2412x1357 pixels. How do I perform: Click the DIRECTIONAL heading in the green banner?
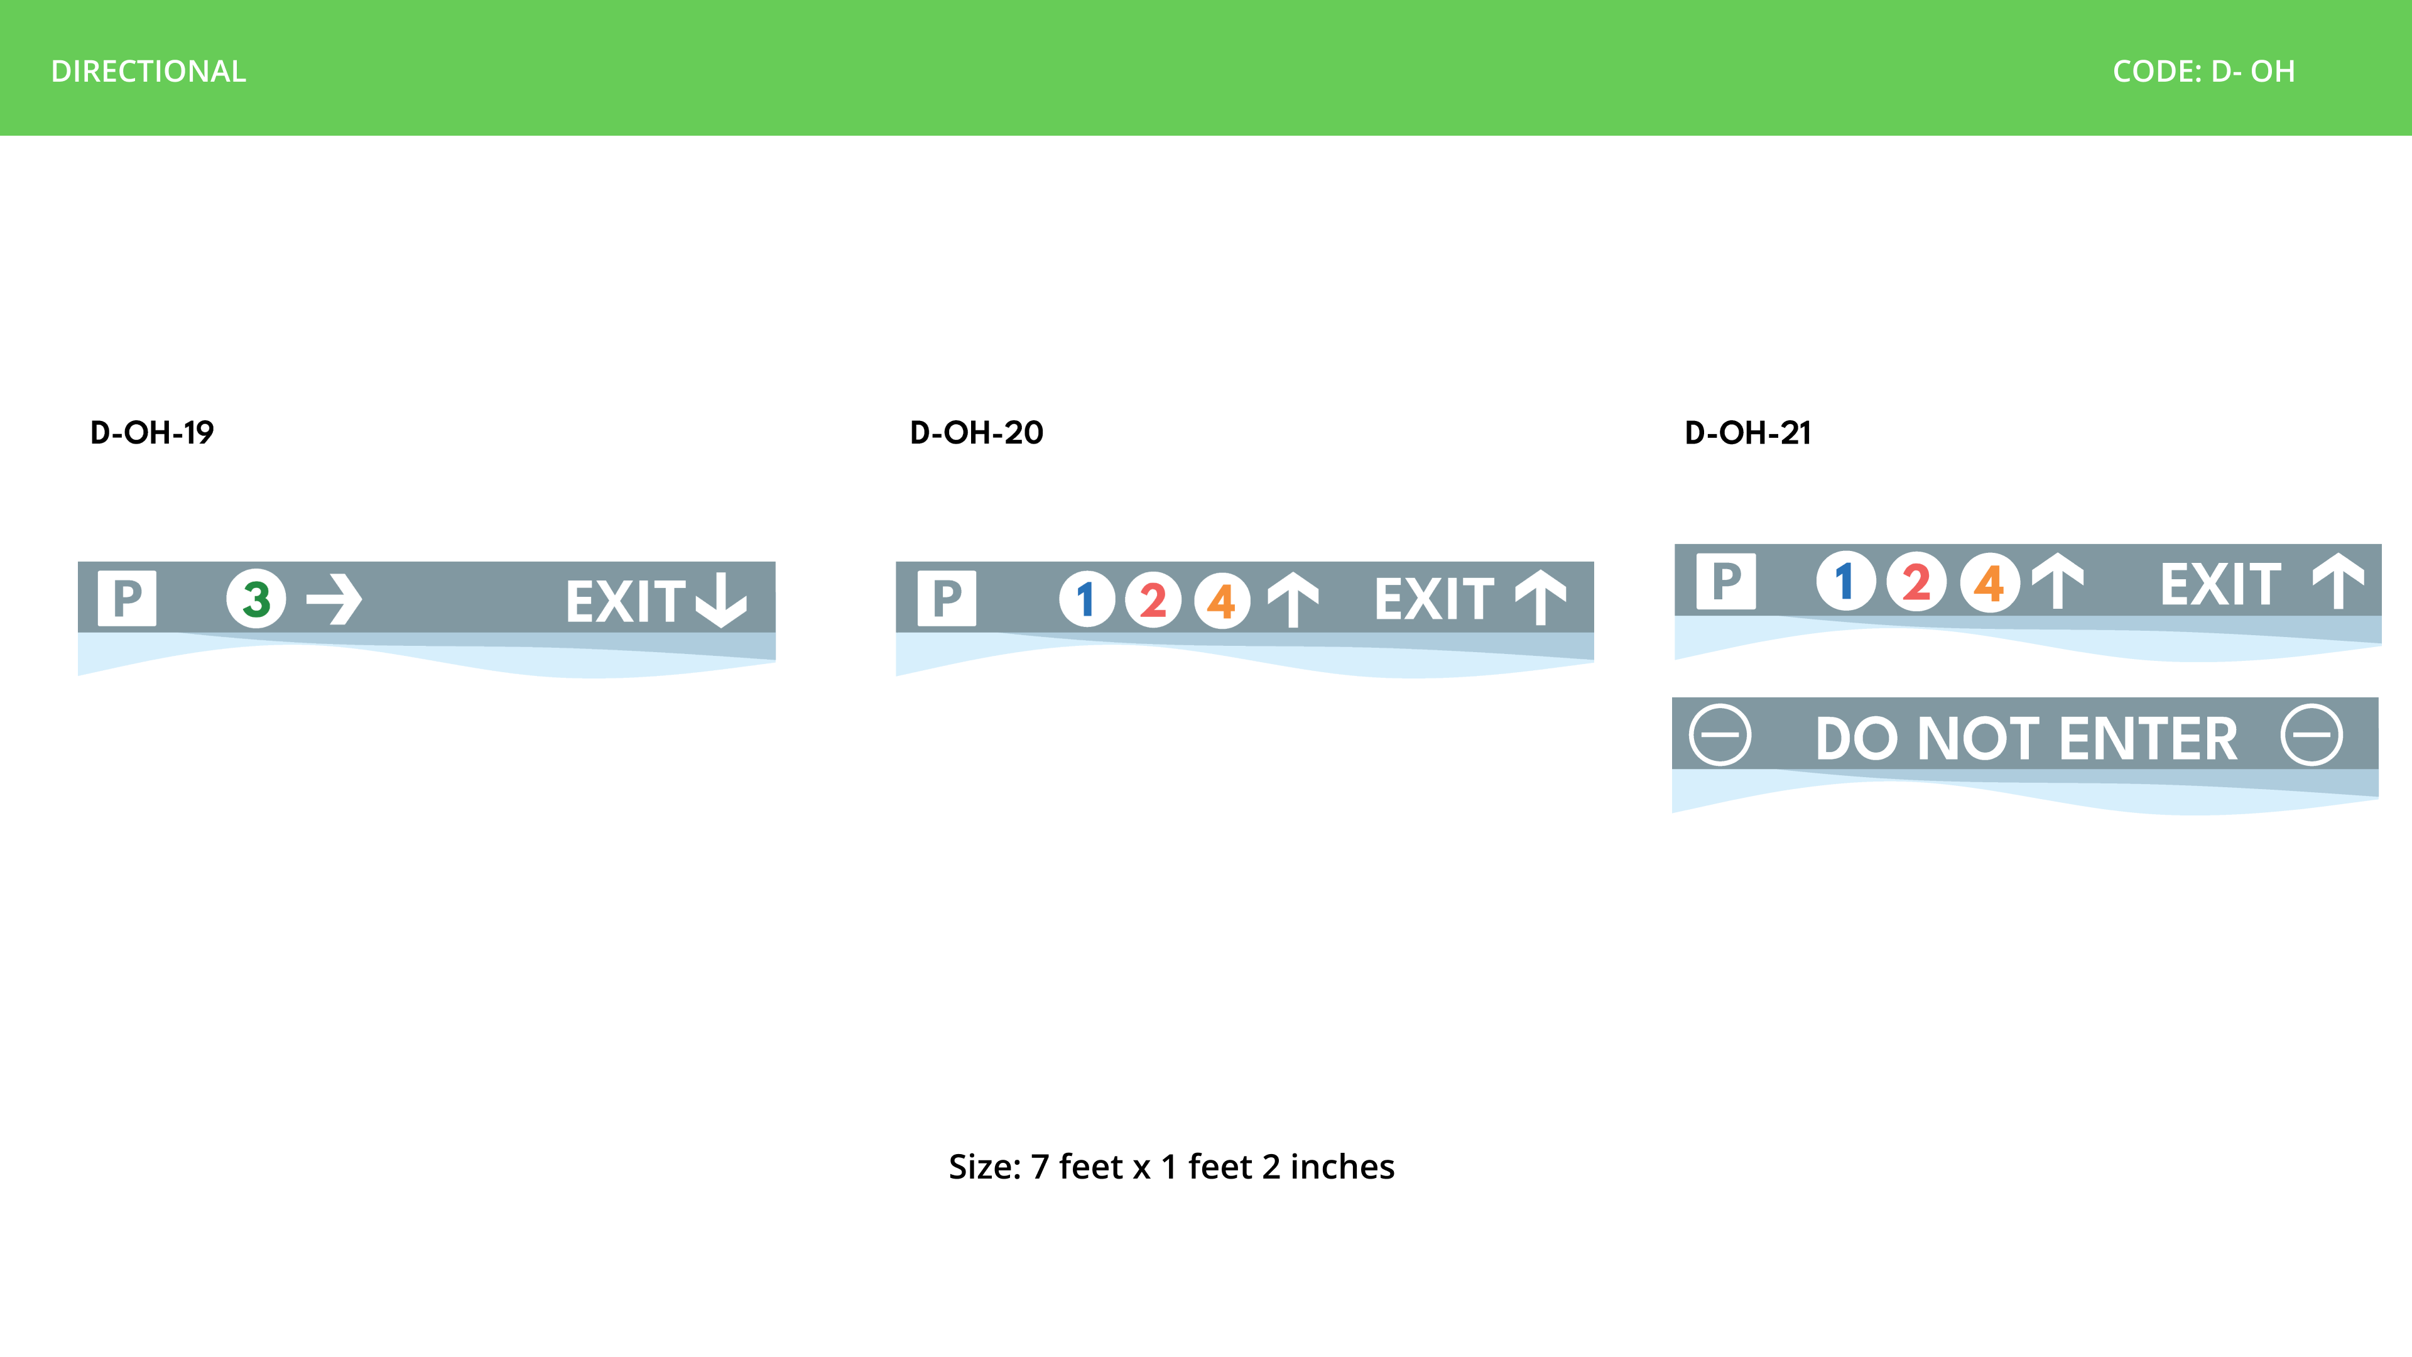pyautogui.click(x=149, y=71)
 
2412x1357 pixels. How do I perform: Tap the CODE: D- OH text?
pyautogui.click(x=2203, y=71)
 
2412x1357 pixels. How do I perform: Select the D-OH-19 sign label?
pyautogui.click(x=151, y=433)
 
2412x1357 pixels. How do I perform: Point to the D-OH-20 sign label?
pyautogui.click(x=977, y=433)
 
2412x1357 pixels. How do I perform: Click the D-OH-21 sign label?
pyautogui.click(x=1747, y=433)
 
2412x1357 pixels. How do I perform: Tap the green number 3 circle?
pyautogui.click(x=256, y=599)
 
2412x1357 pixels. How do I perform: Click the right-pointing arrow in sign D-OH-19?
pyautogui.click(x=334, y=599)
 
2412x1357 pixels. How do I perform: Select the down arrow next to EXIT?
pyautogui.click(x=721, y=599)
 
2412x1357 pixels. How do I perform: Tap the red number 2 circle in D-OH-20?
pyautogui.click(x=1154, y=599)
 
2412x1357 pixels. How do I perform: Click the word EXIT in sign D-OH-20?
pyautogui.click(x=1433, y=599)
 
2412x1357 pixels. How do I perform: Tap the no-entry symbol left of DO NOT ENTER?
pyautogui.click(x=1720, y=735)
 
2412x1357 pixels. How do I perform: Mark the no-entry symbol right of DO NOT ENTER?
pyautogui.click(x=2311, y=735)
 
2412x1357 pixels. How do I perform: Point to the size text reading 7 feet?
pyautogui.click(x=1077, y=1167)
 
